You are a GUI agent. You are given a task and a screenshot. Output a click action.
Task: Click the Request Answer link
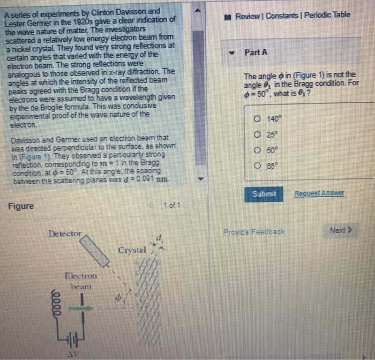(x=319, y=193)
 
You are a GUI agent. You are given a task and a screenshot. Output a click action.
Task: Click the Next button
(x=341, y=230)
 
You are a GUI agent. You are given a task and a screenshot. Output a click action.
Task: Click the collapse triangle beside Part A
(x=232, y=53)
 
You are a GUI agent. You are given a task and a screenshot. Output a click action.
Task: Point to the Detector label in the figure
(x=65, y=234)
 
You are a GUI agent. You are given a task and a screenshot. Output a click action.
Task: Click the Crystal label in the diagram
(x=132, y=250)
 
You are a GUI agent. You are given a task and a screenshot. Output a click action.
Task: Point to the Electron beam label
(x=80, y=281)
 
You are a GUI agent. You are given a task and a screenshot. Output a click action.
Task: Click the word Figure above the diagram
(x=21, y=206)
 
